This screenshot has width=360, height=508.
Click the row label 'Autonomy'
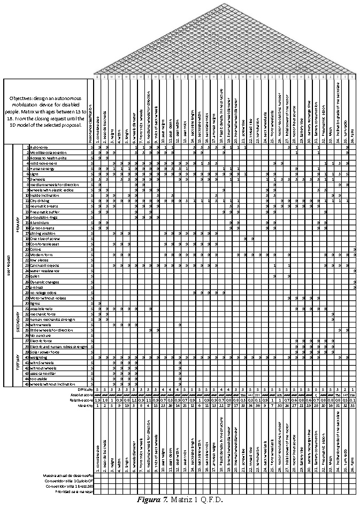[38, 147]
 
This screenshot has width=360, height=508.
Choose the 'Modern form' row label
[41, 254]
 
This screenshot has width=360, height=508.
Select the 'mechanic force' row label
[43, 314]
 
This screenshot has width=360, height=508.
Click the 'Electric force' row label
[42, 341]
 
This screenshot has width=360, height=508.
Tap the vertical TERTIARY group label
[18, 362]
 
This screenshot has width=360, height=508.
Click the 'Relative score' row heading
[81, 400]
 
